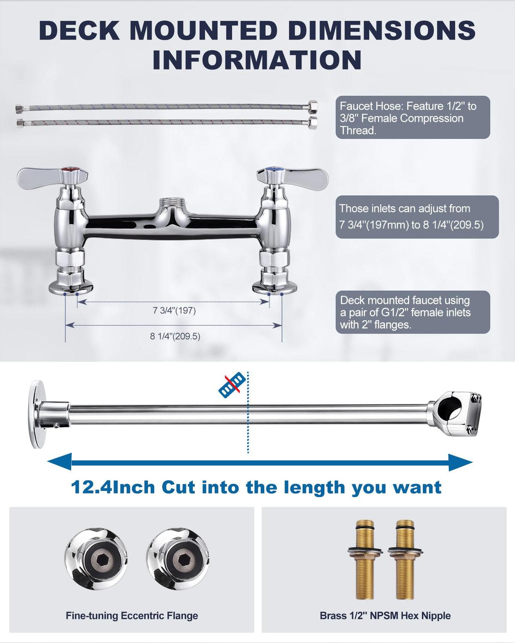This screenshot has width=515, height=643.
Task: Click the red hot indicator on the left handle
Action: pos(71,169)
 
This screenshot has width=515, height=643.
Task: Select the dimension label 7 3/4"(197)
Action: pos(174,311)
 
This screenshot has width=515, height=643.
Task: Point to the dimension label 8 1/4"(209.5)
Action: pos(175,337)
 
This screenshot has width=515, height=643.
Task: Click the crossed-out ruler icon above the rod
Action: pos(232,385)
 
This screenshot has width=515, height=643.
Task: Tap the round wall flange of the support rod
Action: pos(38,415)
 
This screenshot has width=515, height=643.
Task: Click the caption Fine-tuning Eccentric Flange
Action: pos(132,616)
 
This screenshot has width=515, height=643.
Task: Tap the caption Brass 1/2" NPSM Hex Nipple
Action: pos(385,616)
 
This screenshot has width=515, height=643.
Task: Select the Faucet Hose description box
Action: pos(413,117)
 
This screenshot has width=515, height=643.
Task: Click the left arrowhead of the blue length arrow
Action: pos(60,462)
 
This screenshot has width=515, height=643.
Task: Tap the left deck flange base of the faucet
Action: pos(71,288)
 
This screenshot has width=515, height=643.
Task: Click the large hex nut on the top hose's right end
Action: pos(313,107)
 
